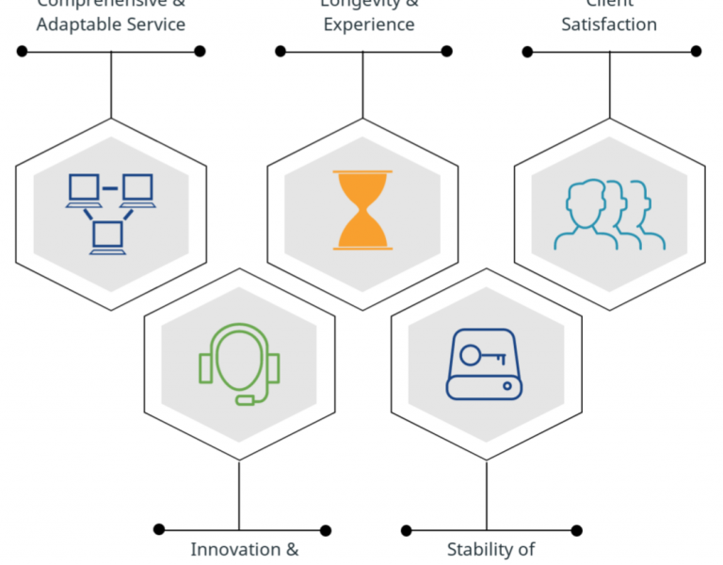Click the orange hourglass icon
pyautogui.click(x=362, y=210)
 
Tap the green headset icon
pyautogui.click(x=239, y=363)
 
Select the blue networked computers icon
pyautogui.click(x=110, y=213)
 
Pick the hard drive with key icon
pyautogui.click(x=485, y=364)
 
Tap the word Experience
pyautogui.click(x=369, y=24)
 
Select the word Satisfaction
pyautogui.click(x=609, y=24)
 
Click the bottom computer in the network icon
pyautogui.click(x=107, y=236)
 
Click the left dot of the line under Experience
pyautogui.click(x=281, y=51)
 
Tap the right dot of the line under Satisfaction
pyautogui.click(x=697, y=51)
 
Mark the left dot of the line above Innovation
pyautogui.click(x=159, y=530)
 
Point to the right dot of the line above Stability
pyautogui.click(x=576, y=530)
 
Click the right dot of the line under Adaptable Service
pyautogui.click(x=200, y=51)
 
